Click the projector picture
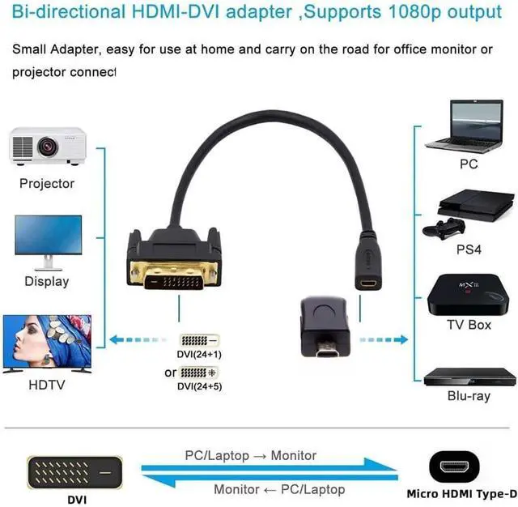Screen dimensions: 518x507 coord(48,146)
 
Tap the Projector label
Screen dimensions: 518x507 coord(47,183)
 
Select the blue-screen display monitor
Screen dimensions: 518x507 coord(48,241)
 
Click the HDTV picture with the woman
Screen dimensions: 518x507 coord(46,343)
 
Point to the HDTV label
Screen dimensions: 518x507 coord(46,385)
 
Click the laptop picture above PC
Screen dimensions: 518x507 coord(468,126)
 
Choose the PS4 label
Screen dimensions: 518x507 coord(469,249)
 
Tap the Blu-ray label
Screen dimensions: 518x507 coord(469,396)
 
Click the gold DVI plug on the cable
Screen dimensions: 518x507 coord(174,267)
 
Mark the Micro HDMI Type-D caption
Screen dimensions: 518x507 coord(462,494)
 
